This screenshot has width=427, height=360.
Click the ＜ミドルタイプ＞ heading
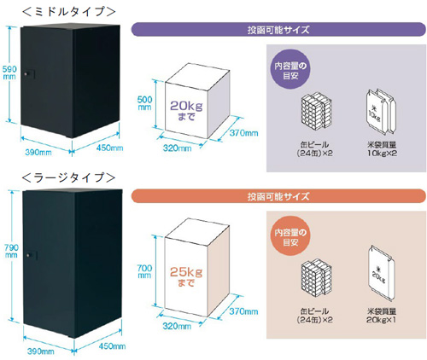pyautogui.click(x=69, y=11)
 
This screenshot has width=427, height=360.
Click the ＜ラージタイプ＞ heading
pyautogui.click(x=69, y=177)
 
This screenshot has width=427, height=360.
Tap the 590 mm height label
pyautogui.click(x=9, y=73)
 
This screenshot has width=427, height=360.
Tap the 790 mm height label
pyautogui.click(x=11, y=251)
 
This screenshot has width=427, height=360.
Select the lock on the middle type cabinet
pyautogui.click(x=29, y=74)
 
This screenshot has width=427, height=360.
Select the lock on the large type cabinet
pyautogui.click(x=32, y=255)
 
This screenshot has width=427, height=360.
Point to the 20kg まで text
pyautogui.click(x=186, y=111)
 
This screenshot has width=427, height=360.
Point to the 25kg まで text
pyautogui.click(x=186, y=277)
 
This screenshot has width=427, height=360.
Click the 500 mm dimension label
pyautogui.click(x=144, y=103)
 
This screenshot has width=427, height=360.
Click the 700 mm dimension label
pyautogui.click(x=144, y=271)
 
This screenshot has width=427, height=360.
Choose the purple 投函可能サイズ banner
pyautogui.click(x=278, y=29)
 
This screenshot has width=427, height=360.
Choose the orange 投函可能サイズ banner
pyautogui.click(x=278, y=196)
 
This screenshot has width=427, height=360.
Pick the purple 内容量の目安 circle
pyautogui.click(x=290, y=70)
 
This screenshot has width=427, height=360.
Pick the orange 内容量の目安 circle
pyautogui.click(x=290, y=236)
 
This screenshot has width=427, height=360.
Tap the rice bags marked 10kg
pyautogui.click(x=381, y=111)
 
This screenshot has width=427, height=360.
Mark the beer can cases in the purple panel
pyautogui.click(x=316, y=112)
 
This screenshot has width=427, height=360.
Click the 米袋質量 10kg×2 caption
pyautogui.click(x=382, y=149)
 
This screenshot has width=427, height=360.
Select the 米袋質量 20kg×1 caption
pyautogui.click(x=381, y=316)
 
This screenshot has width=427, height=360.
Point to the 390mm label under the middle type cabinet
pyautogui.click(x=38, y=153)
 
